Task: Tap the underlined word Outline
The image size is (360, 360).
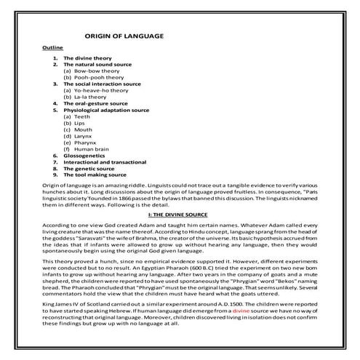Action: click(53, 47)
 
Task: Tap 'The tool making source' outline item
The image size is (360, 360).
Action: click(95, 175)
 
